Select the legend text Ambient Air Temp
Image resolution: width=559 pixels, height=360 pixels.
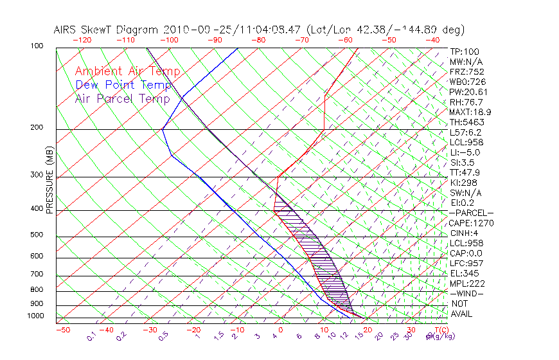pos(127,71)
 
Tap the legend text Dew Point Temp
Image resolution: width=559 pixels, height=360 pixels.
pos(123,85)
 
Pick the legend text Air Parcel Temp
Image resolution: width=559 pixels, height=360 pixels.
pos(122,98)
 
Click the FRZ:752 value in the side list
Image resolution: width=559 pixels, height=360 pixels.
pos(466,71)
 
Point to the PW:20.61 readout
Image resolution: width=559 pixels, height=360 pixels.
pos(469,92)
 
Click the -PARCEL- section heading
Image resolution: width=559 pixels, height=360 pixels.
pos(471,213)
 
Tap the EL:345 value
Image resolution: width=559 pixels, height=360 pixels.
pos(463,273)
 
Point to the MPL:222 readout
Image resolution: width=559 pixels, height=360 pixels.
pos(466,283)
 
